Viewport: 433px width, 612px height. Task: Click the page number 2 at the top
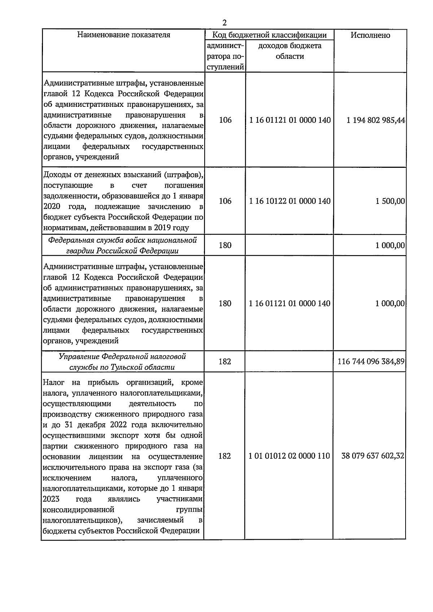[x=224, y=23]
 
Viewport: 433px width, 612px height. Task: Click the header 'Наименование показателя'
[x=123, y=35]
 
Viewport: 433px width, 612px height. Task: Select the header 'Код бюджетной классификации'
[x=269, y=35]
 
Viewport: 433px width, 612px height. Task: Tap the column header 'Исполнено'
[x=370, y=35]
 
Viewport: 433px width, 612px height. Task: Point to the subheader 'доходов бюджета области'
[x=289, y=51]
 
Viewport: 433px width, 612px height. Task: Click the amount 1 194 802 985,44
[x=375, y=120]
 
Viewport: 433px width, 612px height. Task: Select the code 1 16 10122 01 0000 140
[x=289, y=201]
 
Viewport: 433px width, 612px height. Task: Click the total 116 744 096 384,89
[x=371, y=362]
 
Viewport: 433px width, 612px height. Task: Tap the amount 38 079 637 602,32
[x=373, y=456]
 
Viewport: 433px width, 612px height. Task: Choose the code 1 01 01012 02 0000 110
[x=289, y=456]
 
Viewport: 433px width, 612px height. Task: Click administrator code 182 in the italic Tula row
[x=225, y=362]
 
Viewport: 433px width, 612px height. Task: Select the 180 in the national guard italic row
[x=225, y=245]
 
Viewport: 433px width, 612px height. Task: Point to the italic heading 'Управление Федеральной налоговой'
[x=122, y=357]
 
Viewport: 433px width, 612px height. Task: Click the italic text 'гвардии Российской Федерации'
[x=122, y=251]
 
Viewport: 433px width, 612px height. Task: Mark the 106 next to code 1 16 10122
[x=225, y=201]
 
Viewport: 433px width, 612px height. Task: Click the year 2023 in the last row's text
[x=51, y=499]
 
